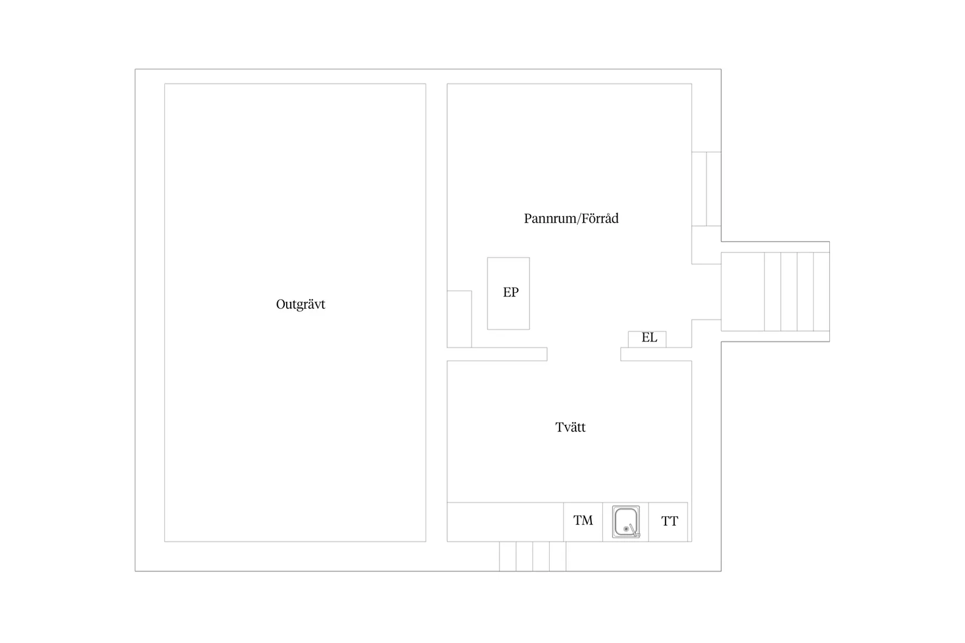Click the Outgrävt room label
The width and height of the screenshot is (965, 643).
click(x=300, y=305)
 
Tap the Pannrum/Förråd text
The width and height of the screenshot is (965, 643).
click(x=571, y=219)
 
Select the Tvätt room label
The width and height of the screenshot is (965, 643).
click(x=570, y=427)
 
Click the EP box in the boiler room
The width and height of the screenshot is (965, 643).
click(x=508, y=293)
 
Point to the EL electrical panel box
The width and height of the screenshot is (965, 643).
click(x=647, y=339)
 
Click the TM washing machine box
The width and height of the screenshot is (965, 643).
click(x=583, y=522)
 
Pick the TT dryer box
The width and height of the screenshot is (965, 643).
click(x=668, y=522)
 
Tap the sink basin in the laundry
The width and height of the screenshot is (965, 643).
click(x=626, y=522)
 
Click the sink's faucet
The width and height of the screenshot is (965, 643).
click(x=633, y=530)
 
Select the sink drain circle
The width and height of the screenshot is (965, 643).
click(x=626, y=529)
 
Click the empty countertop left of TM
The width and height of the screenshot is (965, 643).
click(x=505, y=522)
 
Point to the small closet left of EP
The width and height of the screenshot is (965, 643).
click(x=459, y=319)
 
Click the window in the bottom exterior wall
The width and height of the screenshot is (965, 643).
click(x=533, y=556)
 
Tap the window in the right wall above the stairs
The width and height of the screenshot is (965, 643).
click(x=706, y=189)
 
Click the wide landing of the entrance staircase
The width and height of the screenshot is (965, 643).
click(x=743, y=292)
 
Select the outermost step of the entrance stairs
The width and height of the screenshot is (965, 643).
click(x=822, y=292)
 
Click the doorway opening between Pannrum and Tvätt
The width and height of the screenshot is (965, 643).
click(x=584, y=354)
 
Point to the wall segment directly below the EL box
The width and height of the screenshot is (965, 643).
click(x=656, y=354)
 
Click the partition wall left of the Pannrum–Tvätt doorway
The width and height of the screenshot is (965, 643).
click(x=497, y=354)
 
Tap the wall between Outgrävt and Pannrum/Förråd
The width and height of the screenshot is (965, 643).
click(x=436, y=313)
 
